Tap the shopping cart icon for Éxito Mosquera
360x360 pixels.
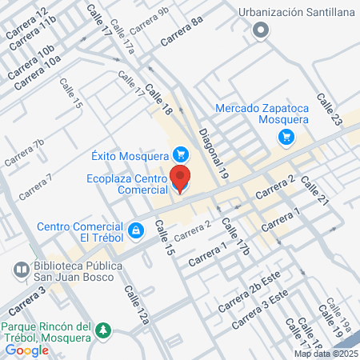pyautogui.click(x=181, y=154)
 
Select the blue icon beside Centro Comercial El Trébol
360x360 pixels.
pyautogui.click(x=136, y=230)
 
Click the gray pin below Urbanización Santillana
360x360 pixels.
pyautogui.click(x=260, y=31)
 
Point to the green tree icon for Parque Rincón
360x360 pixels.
pyautogui.click(x=102, y=330)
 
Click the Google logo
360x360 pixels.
pyautogui.click(x=27, y=350)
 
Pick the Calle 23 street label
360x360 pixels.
pyautogui.click(x=329, y=108)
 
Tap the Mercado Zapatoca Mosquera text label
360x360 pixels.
pyautogui.click(x=262, y=114)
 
